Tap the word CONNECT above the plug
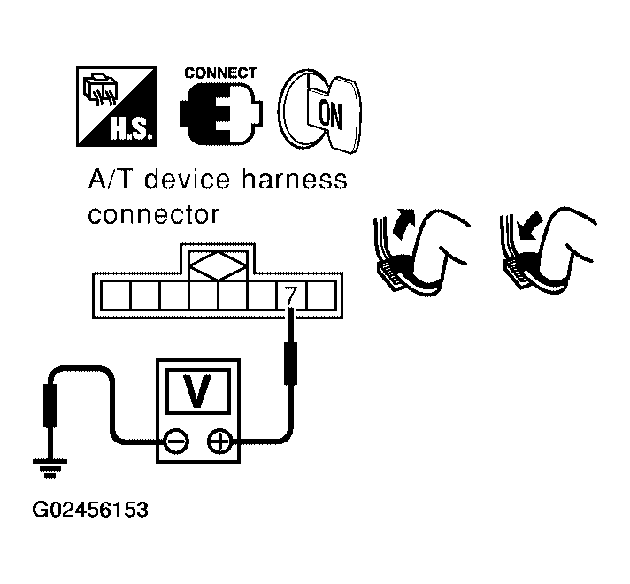pos(220,73)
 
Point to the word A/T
pos(111,181)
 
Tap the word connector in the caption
pos(152,215)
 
